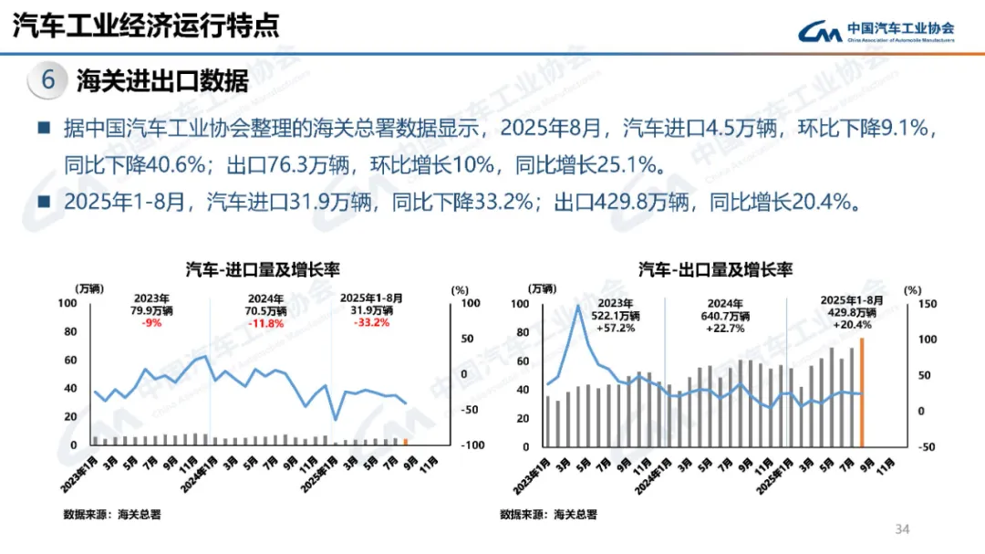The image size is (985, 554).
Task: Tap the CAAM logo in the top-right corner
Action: click(876, 31)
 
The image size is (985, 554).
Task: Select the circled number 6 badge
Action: click(48, 80)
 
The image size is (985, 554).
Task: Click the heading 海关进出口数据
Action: click(162, 81)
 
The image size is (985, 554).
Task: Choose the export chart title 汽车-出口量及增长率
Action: click(715, 269)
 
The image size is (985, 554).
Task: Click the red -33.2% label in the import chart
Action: click(371, 322)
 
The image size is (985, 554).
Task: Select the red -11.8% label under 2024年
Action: click(266, 322)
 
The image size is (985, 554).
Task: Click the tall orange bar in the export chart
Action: click(861, 392)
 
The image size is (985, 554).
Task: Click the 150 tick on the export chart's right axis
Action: click(926, 304)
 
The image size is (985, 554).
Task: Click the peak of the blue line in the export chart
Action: click(577, 306)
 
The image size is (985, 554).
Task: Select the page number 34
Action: click(904, 529)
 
